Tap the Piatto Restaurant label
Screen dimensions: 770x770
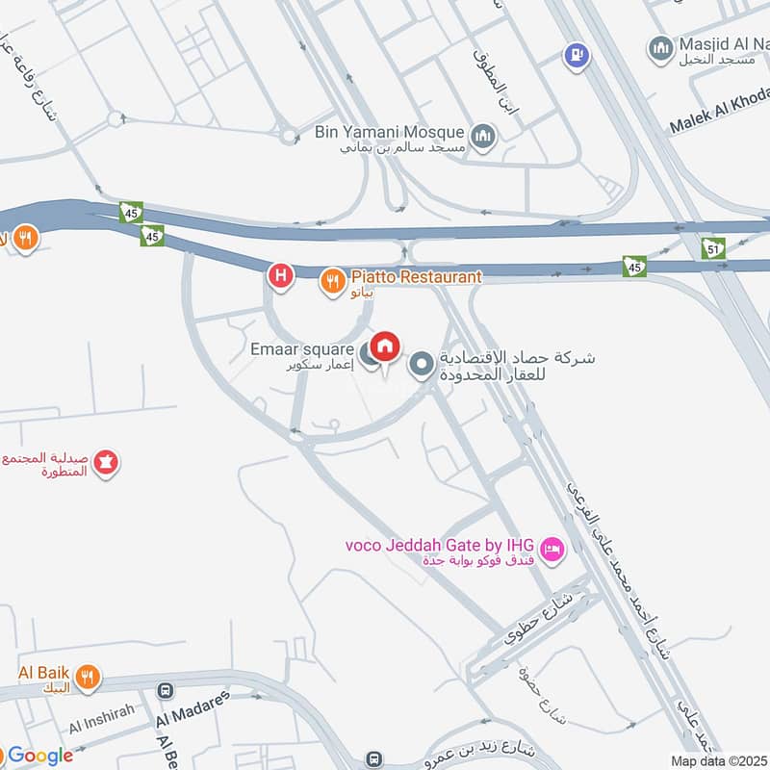[x=415, y=277]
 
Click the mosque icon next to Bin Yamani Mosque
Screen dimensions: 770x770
[x=483, y=135]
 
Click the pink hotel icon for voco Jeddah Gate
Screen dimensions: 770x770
[x=552, y=550]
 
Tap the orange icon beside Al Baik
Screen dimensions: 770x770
[x=88, y=679]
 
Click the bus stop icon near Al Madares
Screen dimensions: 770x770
[x=166, y=691]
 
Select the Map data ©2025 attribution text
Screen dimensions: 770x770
[x=719, y=760]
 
